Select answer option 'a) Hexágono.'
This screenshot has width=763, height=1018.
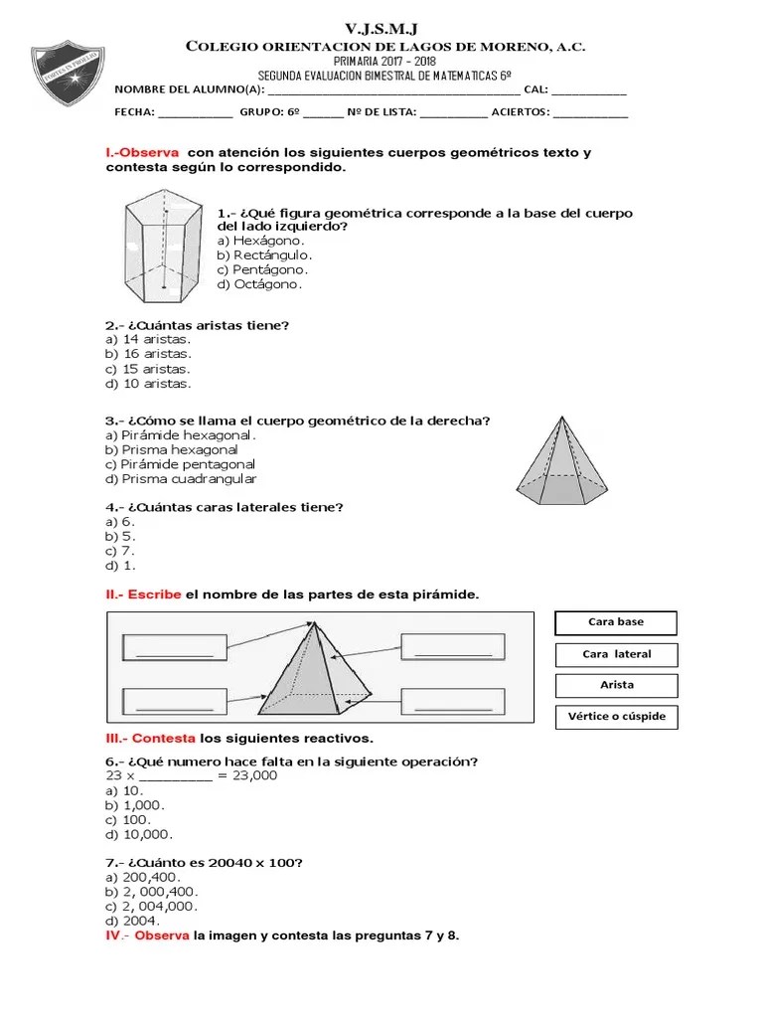coord(261,240)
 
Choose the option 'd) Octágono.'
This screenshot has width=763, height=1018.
coord(259,283)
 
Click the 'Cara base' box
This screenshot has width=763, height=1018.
coord(616,622)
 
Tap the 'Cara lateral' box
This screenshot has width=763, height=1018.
coord(616,654)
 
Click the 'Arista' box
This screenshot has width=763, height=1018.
coord(616,685)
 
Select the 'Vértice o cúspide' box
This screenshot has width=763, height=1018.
coord(616,716)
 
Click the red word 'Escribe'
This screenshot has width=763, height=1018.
coord(154,594)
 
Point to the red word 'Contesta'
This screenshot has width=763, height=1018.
coord(164,738)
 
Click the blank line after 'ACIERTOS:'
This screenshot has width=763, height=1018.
coord(590,113)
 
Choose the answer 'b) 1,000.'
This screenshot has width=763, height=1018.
coord(135,804)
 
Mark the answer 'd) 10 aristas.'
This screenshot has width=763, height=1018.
coord(149,383)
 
